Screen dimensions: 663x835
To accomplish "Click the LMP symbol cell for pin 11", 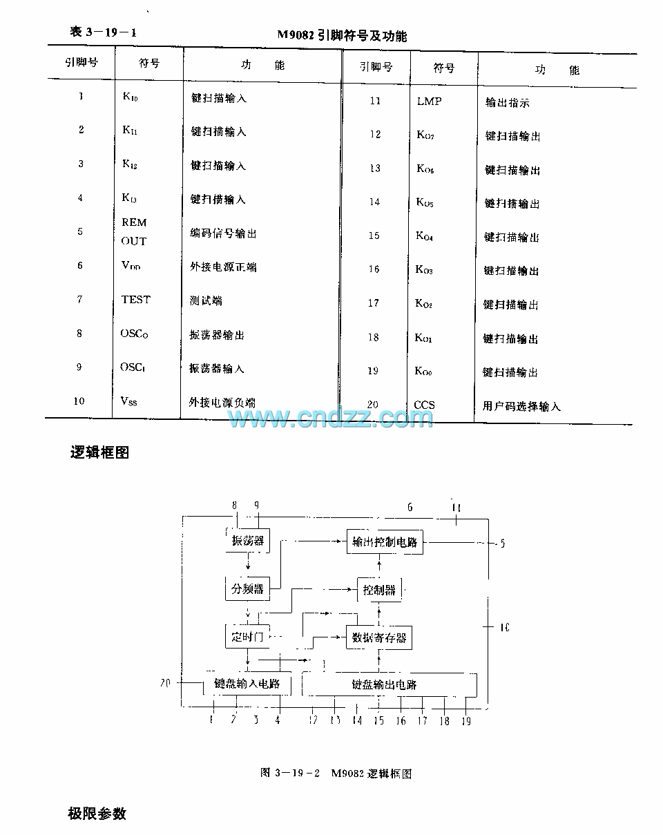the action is [429, 101].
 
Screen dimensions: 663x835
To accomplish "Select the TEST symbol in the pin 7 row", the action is [135, 299].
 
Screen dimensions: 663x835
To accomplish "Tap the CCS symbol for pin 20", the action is [424, 405].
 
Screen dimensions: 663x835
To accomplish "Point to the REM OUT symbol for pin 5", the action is [134, 231].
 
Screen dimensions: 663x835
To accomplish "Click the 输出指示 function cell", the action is [508, 103].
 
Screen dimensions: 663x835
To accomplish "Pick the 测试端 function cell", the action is [206, 300].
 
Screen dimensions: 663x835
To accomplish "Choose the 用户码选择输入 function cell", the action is [521, 407].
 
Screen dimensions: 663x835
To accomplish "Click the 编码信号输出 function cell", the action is [223, 233].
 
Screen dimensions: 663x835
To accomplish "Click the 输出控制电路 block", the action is [385, 541].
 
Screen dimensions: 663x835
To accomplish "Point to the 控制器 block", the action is [379, 590].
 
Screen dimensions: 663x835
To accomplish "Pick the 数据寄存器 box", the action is [379, 637].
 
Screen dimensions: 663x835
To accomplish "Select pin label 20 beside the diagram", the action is [165, 683].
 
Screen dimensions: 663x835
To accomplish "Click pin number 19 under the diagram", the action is [466, 720].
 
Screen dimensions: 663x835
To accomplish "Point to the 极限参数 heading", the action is [97, 813].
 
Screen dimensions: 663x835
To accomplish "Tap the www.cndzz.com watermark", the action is [331, 418].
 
